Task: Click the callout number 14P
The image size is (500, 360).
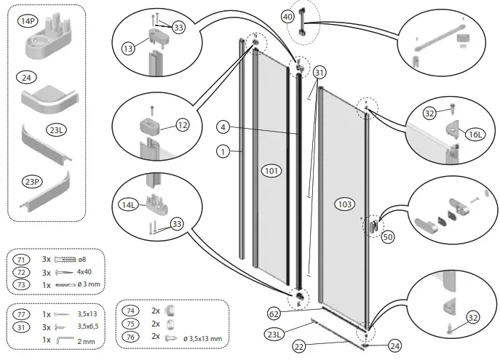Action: point(28,22)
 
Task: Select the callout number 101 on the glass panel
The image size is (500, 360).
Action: point(271,171)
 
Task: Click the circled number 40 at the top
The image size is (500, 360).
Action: point(287,15)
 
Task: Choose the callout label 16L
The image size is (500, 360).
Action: point(476,135)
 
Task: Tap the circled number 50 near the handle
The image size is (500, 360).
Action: point(387,237)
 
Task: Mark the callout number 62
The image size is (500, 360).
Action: point(273,315)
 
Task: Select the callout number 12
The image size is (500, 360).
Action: point(182,125)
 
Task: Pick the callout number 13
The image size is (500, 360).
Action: point(128,48)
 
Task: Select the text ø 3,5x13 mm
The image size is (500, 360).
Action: point(203,338)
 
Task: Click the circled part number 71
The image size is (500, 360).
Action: point(22,259)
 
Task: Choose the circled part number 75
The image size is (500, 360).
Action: point(130,324)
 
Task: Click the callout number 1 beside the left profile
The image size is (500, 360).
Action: point(223,151)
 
